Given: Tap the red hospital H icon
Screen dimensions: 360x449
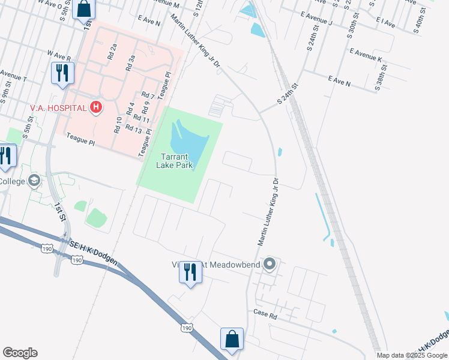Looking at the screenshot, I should (x=95, y=108).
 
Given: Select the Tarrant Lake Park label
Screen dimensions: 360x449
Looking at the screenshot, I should (x=175, y=161).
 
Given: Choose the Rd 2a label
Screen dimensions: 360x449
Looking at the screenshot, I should (x=112, y=52).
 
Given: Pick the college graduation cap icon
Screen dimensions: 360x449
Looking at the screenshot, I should (x=35, y=181).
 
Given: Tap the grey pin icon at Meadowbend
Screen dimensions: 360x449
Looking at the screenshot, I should (x=270, y=263).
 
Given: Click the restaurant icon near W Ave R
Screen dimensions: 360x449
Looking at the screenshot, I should (x=62, y=73).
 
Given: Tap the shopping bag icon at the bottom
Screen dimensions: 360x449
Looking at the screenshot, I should (x=232, y=339).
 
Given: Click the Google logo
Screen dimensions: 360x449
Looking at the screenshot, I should (x=20, y=353).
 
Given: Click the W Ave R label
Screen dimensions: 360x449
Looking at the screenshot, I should (x=59, y=56).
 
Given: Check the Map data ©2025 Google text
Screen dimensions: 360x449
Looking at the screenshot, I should (x=412, y=355).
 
